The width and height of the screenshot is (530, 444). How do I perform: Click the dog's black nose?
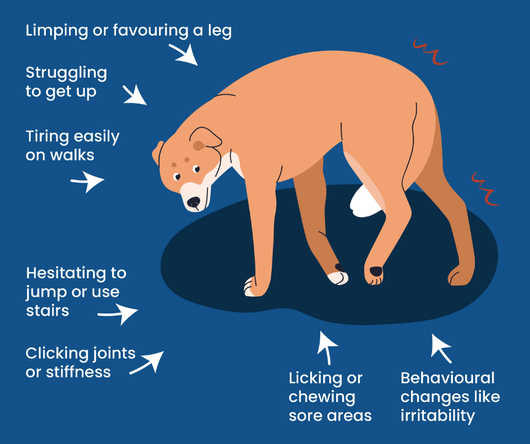tap(194, 202)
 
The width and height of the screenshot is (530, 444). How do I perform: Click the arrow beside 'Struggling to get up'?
tap(135, 95)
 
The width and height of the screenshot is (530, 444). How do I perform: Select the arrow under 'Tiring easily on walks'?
tap(87, 181)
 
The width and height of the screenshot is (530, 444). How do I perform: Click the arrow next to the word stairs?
tap(118, 314)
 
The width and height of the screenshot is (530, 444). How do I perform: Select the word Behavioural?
tap(448, 378)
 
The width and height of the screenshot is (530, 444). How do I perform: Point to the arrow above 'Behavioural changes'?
tap(441, 348)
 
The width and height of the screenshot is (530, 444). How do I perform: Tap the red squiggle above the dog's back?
tap(430, 52)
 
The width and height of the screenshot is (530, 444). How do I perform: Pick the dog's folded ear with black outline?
tap(205, 138)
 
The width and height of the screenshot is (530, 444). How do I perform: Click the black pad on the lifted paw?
tap(376, 271)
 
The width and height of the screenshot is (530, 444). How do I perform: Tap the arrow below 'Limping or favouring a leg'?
tap(184, 54)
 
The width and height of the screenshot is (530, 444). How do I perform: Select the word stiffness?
tap(78, 372)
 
